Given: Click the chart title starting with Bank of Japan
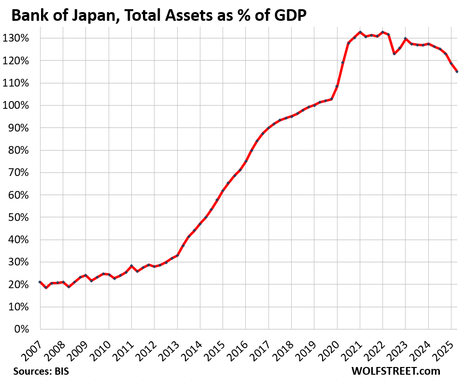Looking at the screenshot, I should pos(159,16).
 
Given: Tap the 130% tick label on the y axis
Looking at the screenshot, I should pos(21,38).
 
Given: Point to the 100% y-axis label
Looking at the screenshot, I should pos(21,105).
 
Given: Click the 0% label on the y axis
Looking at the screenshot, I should pos(25,329).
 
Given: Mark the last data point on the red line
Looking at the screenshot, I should pos(457,72).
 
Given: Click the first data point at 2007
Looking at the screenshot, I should pos(40,282).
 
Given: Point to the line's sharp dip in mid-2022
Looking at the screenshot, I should pos(394,54).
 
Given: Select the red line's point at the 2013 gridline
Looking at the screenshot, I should pos(177,255).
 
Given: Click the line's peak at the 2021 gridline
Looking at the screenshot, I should pos(360,32).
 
